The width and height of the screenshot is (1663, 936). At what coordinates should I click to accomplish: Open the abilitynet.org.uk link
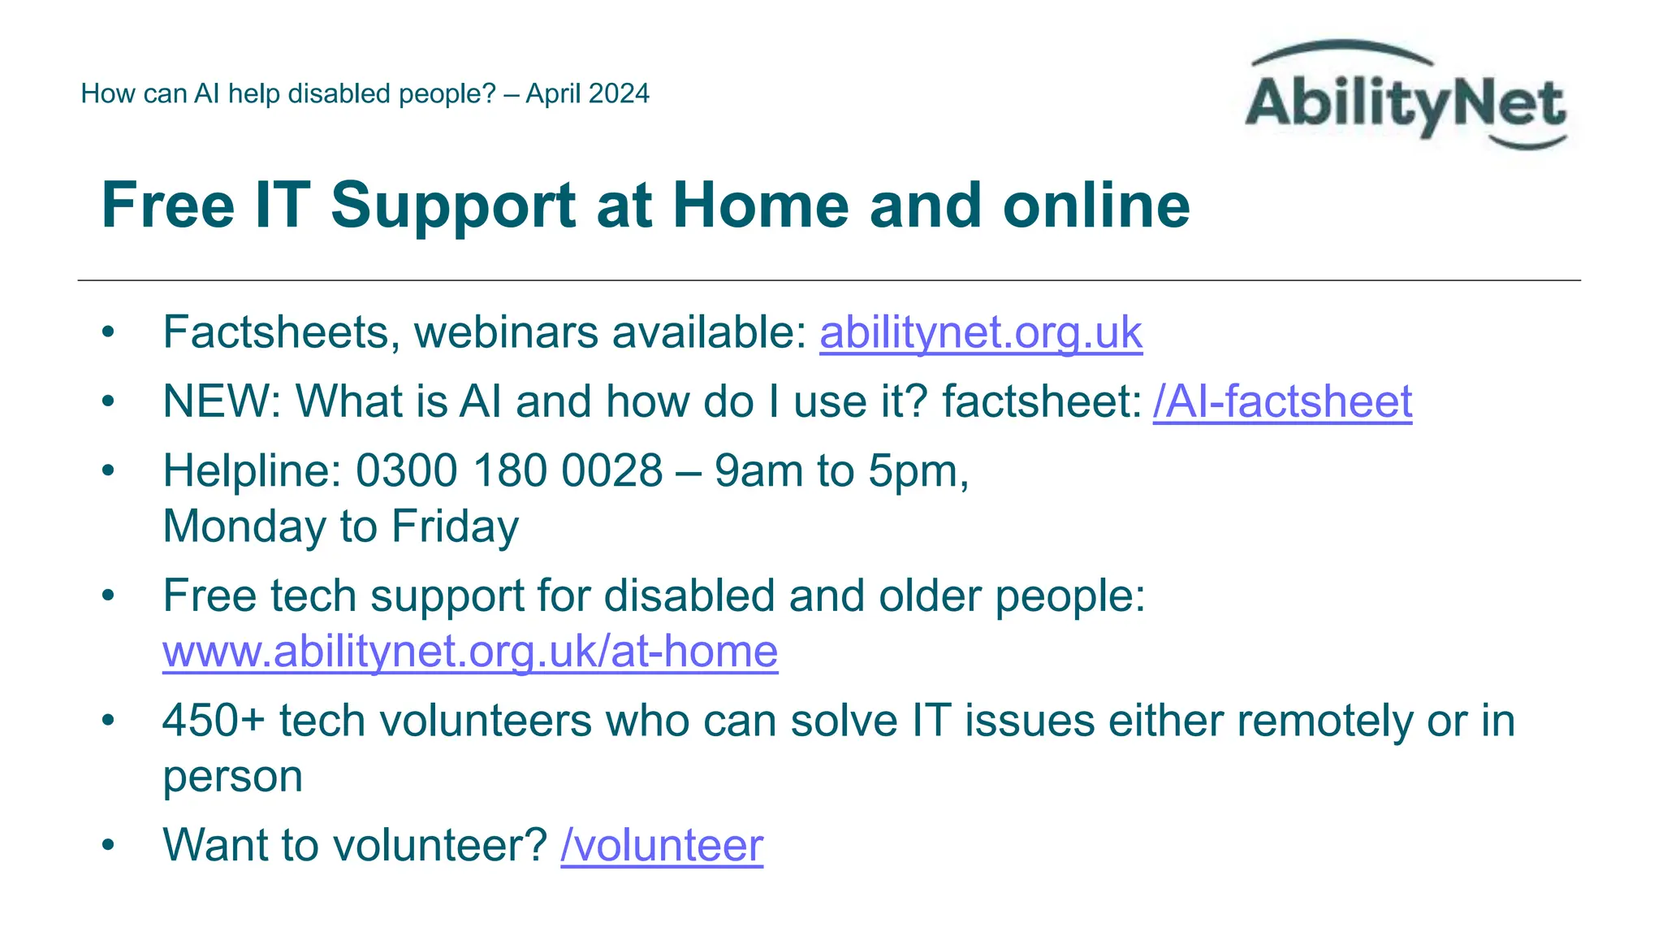(x=981, y=332)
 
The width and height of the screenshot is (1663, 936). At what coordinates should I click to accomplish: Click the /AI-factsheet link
(x=1282, y=401)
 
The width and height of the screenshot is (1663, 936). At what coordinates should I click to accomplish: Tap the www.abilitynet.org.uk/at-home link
(x=470, y=652)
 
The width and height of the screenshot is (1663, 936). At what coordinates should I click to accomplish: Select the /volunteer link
(x=662, y=845)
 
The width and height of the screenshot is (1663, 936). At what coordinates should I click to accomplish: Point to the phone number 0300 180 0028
(x=509, y=471)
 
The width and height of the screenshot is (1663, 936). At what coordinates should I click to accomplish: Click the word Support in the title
(x=453, y=205)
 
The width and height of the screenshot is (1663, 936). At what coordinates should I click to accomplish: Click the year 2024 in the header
(x=620, y=94)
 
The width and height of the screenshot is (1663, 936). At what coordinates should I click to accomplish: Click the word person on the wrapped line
(x=232, y=777)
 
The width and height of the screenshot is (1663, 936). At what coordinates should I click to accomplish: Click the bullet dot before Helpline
(x=108, y=471)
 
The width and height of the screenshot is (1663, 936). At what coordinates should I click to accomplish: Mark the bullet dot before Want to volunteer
(x=108, y=845)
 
